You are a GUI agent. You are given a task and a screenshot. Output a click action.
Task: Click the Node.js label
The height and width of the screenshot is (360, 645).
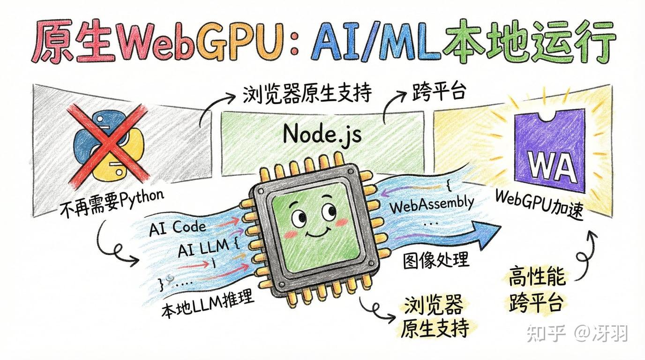[322, 135]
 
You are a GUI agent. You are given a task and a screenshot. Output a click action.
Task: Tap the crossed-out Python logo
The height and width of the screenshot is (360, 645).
[108, 146]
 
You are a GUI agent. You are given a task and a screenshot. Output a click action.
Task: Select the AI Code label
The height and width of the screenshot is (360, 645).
[177, 227]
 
